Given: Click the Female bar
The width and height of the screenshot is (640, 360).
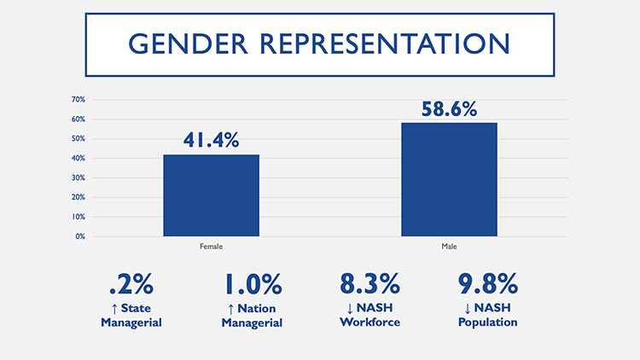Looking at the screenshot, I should click(211, 195).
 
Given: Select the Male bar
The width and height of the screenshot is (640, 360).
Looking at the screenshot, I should click(449, 179).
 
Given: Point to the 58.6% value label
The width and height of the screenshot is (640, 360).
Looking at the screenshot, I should click(449, 109).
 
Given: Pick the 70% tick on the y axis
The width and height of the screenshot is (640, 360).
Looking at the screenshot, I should click(78, 100).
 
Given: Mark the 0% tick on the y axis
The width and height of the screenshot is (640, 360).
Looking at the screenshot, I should click(79, 236).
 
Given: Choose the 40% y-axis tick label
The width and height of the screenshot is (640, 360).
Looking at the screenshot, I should click(78, 159).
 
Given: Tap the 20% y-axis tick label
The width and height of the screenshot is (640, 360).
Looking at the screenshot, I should click(78, 197).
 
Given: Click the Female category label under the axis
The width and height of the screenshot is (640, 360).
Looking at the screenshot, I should click(211, 247).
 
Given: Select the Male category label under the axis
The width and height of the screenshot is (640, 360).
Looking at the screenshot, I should click(449, 247).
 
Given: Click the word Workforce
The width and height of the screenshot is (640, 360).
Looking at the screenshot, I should click(369, 322).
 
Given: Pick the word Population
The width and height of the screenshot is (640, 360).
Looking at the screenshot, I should click(486, 322).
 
